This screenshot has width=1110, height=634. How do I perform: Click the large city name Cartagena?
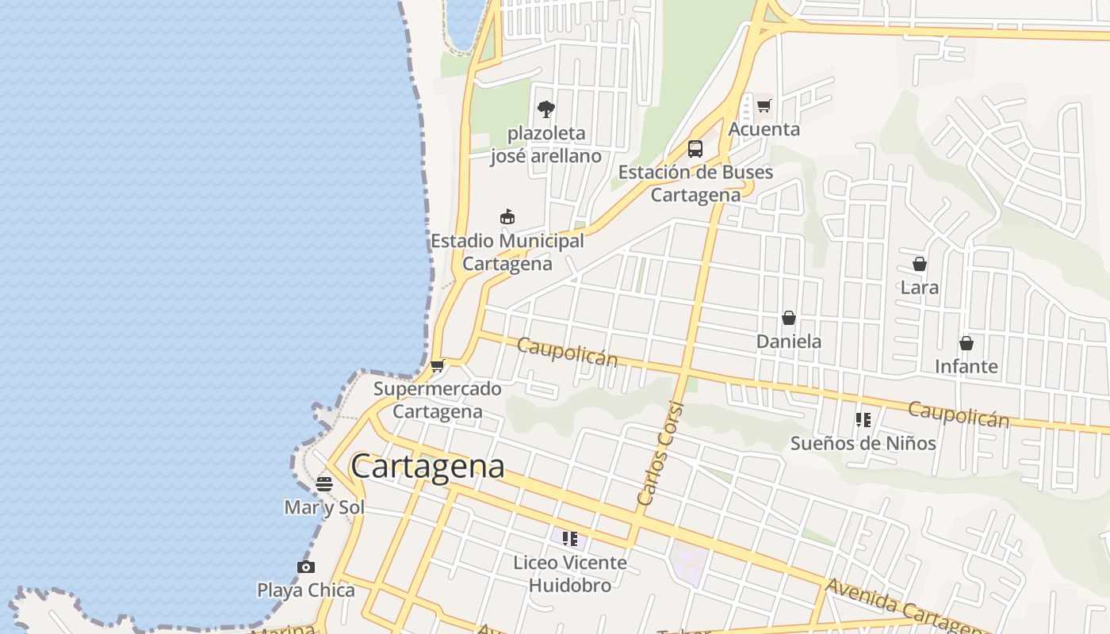427,466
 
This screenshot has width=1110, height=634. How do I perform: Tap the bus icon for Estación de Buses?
695,149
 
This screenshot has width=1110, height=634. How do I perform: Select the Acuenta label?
764,129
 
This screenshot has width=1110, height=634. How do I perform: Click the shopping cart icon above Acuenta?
764,105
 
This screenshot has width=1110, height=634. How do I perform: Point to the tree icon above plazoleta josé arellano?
545,109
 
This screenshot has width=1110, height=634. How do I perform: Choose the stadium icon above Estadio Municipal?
507,216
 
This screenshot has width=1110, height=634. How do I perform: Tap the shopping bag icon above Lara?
920,264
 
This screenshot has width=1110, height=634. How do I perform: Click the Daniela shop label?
788,342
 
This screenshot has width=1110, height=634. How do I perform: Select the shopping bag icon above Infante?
966,343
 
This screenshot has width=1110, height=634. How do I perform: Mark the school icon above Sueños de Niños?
863,419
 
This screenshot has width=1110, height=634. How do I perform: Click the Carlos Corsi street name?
660,453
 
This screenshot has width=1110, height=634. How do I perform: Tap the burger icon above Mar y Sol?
324,483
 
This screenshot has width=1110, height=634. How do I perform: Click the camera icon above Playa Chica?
306,567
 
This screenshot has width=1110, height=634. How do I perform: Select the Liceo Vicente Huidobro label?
569,574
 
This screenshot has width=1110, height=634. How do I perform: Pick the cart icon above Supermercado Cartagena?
437,365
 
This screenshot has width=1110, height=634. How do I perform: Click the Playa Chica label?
306,590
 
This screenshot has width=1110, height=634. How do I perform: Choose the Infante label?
966,366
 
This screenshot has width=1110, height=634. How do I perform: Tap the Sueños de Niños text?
863,443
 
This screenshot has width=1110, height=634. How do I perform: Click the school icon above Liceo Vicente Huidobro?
569,539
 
